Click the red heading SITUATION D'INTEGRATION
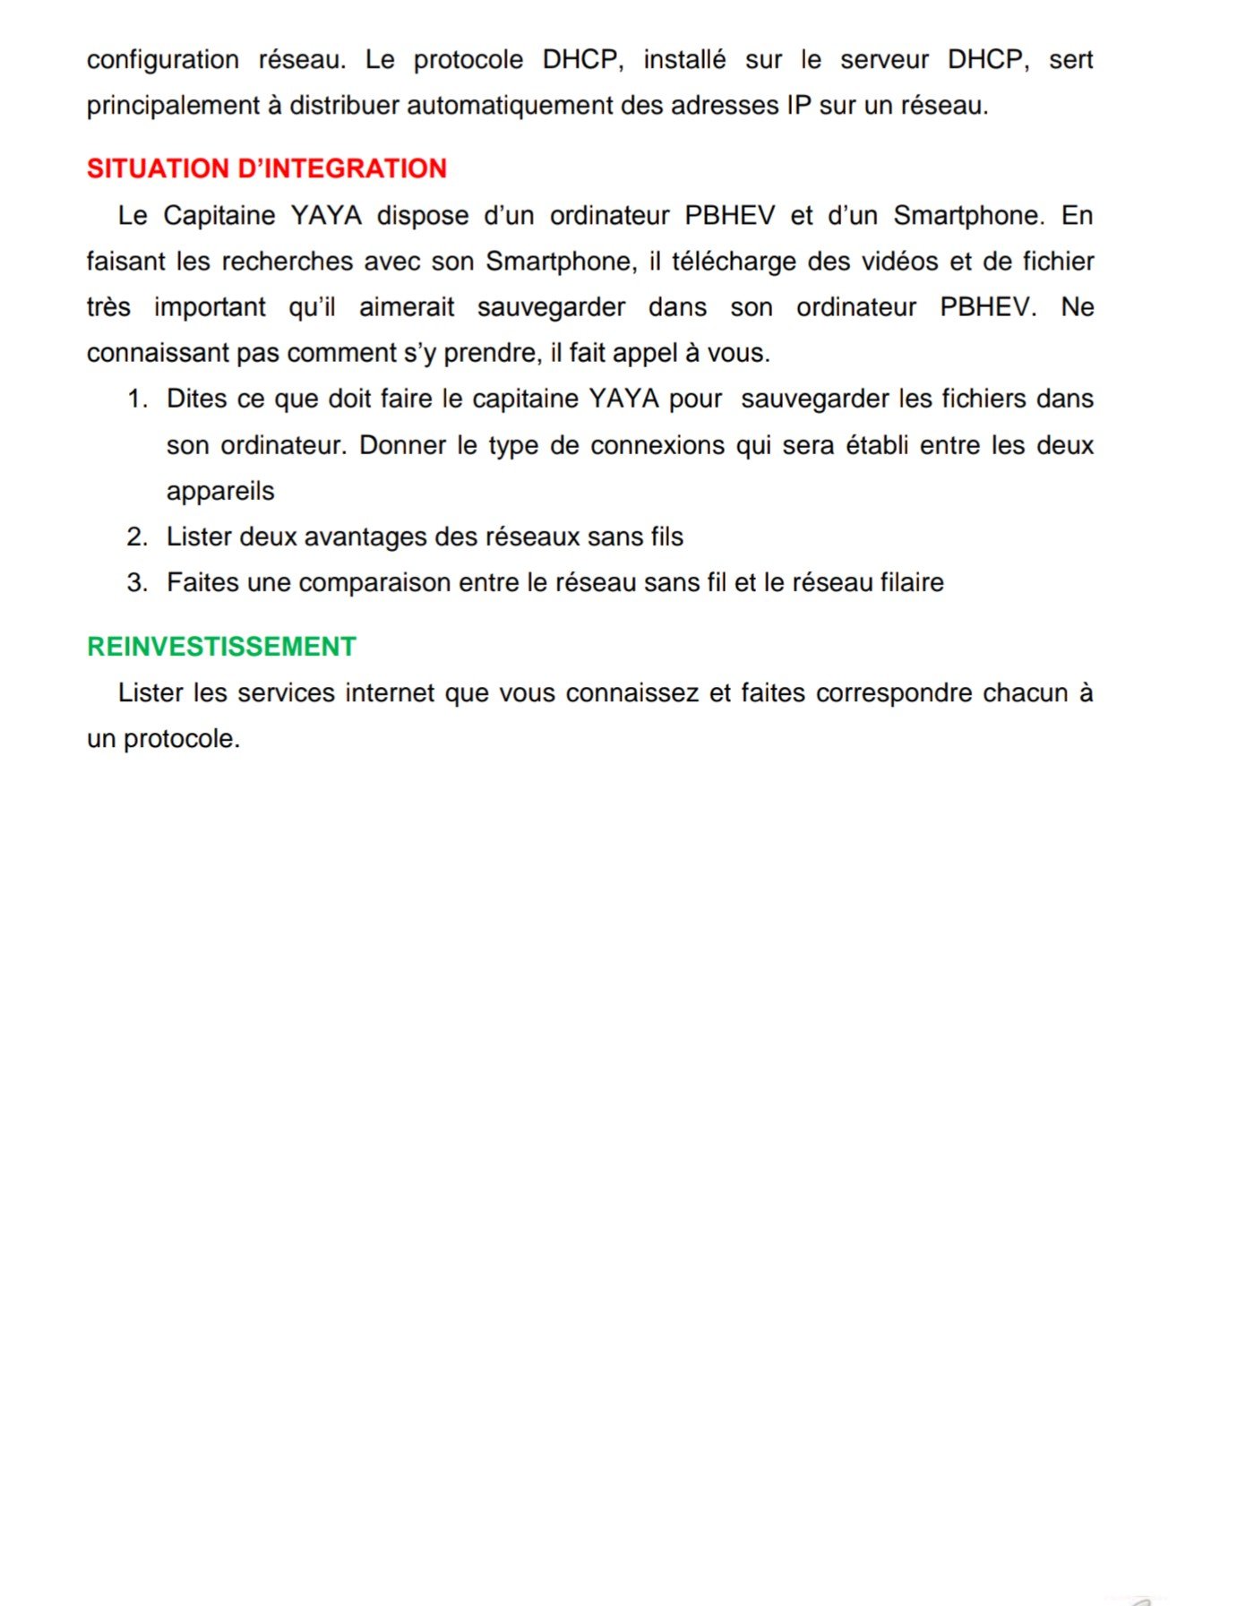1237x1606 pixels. (x=266, y=168)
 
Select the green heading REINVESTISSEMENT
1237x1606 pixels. (x=221, y=646)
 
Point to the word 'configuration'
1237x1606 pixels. (x=162, y=60)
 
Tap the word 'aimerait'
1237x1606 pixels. (x=407, y=307)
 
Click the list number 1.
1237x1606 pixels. (x=136, y=399)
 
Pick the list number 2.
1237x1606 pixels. (x=136, y=537)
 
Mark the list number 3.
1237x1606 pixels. (x=136, y=583)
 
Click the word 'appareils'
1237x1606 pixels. (x=220, y=492)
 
